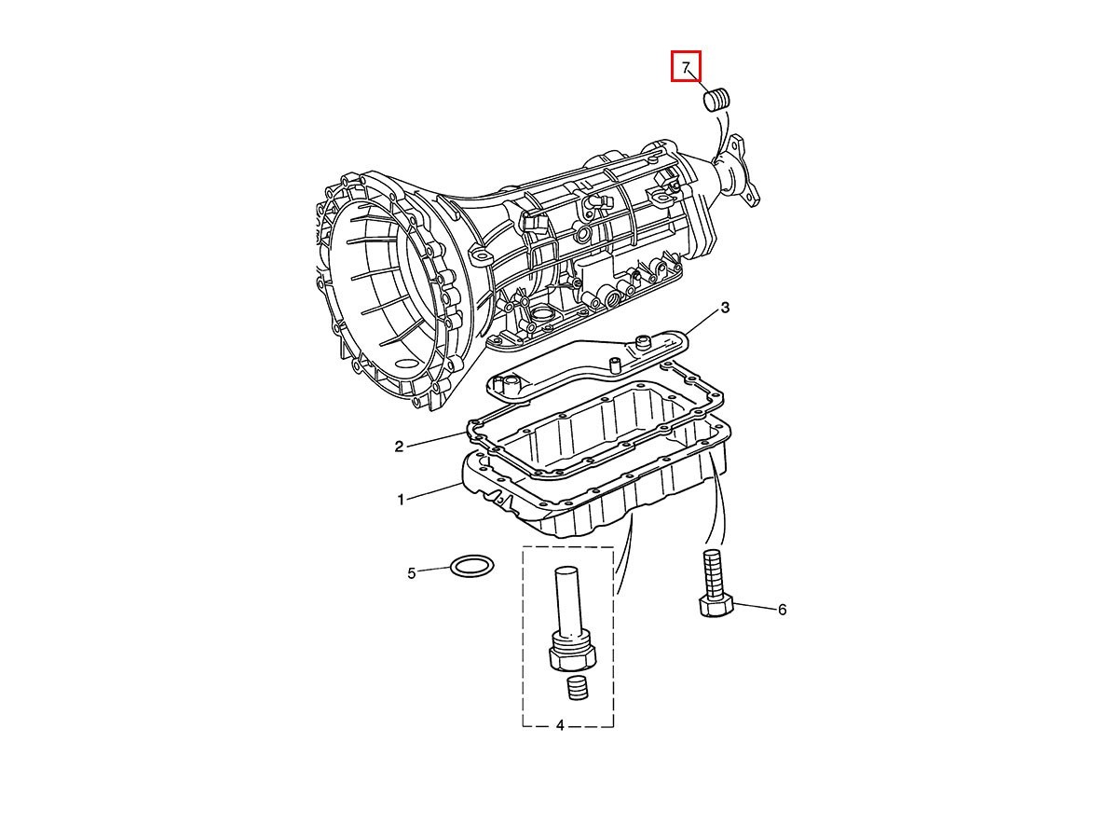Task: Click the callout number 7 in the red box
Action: pyautogui.click(x=685, y=67)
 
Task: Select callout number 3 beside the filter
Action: pyautogui.click(x=725, y=308)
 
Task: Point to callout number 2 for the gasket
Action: pyautogui.click(x=399, y=447)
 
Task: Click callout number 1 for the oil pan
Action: pyautogui.click(x=401, y=500)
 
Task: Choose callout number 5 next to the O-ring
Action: pyautogui.click(x=412, y=573)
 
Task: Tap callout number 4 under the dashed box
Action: pyautogui.click(x=560, y=725)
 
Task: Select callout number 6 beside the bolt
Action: pyautogui.click(x=782, y=610)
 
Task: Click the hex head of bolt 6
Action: pyautogui.click(x=716, y=607)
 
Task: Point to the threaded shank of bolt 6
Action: pyautogui.click(x=712, y=573)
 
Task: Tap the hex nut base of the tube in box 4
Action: pyautogui.click(x=571, y=658)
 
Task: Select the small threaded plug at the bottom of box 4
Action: pyautogui.click(x=578, y=688)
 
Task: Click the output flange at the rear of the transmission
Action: pyautogui.click(x=736, y=171)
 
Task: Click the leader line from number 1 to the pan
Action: pyautogui.click(x=434, y=492)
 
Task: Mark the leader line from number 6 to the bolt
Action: pyautogui.click(x=754, y=606)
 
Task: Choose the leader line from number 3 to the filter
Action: pyautogui.click(x=702, y=323)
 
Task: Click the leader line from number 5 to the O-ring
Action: pyautogui.click(x=435, y=570)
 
